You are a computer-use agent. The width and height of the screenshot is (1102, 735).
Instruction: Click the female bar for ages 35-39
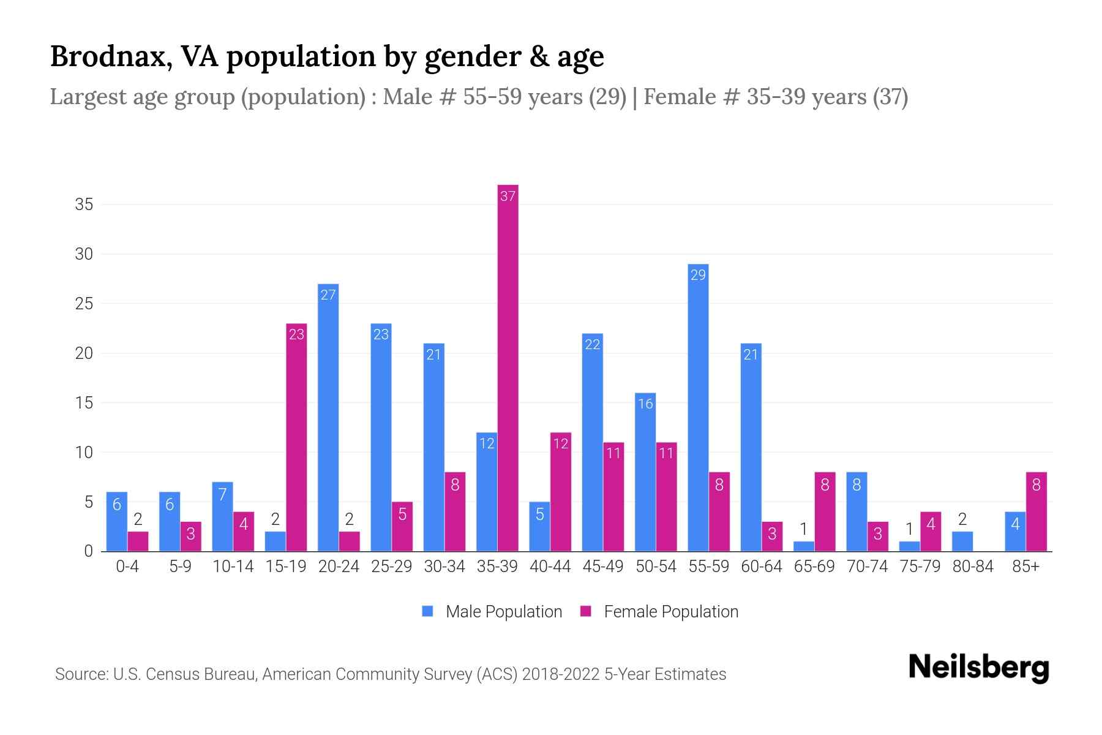[508, 367]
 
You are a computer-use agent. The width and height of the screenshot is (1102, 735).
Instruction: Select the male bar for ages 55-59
[698, 407]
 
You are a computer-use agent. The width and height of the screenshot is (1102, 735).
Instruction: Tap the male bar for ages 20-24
[328, 417]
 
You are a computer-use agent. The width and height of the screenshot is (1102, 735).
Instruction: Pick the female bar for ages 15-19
[296, 437]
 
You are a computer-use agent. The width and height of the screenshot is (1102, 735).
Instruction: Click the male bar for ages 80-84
[962, 541]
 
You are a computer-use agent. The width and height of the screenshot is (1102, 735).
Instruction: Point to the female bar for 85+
[1036, 511]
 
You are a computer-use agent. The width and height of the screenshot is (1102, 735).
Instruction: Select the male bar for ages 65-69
[804, 546]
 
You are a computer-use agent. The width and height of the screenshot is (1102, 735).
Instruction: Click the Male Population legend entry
[492, 612]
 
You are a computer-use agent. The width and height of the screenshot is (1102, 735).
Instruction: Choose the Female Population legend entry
[659, 612]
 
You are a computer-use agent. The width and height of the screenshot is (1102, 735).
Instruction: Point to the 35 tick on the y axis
[84, 204]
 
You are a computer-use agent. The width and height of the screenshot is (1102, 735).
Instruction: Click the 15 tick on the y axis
[84, 403]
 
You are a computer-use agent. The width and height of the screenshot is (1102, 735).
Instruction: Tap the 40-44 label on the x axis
[550, 567]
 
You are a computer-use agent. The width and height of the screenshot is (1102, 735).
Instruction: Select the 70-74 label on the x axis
[867, 567]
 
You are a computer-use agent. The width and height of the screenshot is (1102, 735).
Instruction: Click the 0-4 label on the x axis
[127, 567]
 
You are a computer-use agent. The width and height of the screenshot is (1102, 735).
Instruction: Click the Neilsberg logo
[978, 668]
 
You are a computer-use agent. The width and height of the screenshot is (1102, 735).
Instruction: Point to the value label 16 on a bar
[645, 404]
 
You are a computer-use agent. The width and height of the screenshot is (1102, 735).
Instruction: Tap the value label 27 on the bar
[328, 295]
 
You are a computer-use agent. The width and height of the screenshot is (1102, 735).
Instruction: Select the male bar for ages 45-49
[592, 442]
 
